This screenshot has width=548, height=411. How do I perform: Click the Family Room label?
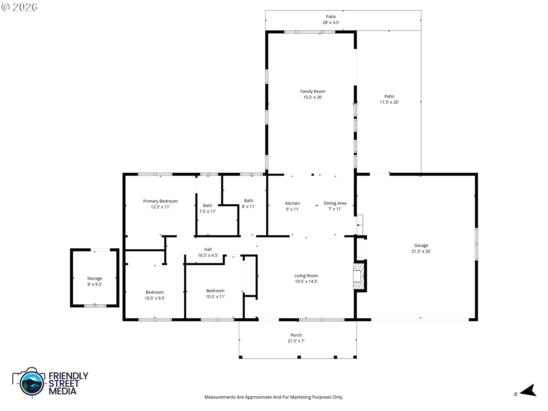click(313, 91)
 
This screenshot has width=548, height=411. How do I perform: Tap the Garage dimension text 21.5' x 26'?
click(421, 251)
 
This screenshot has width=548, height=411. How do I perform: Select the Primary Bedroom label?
click(160, 201)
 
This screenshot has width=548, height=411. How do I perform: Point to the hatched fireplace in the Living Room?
click(359, 276)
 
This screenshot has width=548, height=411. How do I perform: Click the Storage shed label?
click(94, 279)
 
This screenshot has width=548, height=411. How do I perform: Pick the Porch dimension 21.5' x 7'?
click(296, 341)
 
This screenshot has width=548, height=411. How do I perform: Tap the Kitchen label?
click(292, 204)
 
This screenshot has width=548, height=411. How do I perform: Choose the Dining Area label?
click(335, 203)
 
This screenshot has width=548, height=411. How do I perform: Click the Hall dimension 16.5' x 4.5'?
click(208, 255)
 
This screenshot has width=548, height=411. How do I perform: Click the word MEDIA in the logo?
click(63, 391)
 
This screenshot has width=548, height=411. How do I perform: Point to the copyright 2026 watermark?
click(19, 7)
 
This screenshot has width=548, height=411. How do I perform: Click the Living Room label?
click(306, 276)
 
